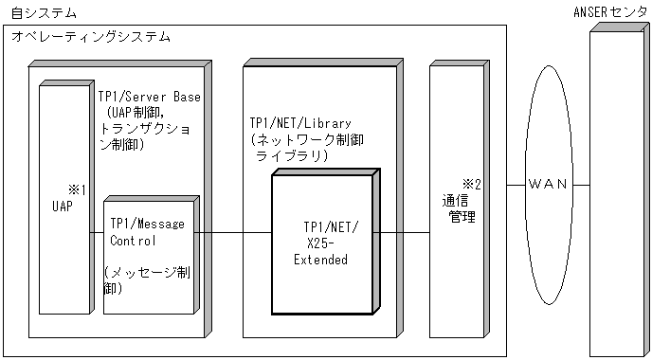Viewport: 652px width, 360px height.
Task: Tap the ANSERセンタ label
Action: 611,12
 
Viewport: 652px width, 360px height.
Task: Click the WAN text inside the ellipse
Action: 547,184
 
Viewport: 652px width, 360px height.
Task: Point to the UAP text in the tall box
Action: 62,204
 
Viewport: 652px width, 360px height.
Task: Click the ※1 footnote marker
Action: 77,188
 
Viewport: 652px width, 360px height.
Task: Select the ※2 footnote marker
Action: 471,184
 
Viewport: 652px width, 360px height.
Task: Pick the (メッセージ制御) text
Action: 147,280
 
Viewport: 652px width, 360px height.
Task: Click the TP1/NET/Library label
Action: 301,123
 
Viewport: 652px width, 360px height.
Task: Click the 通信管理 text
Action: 456,208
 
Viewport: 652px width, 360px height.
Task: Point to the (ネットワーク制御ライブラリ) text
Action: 304,147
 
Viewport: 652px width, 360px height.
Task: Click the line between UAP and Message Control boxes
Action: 96,231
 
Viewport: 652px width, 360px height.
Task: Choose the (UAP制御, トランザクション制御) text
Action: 148,130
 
